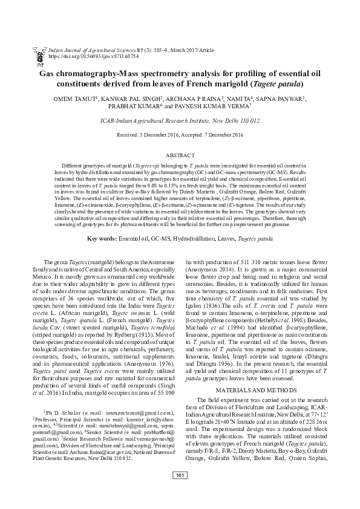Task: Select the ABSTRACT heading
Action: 180,155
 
